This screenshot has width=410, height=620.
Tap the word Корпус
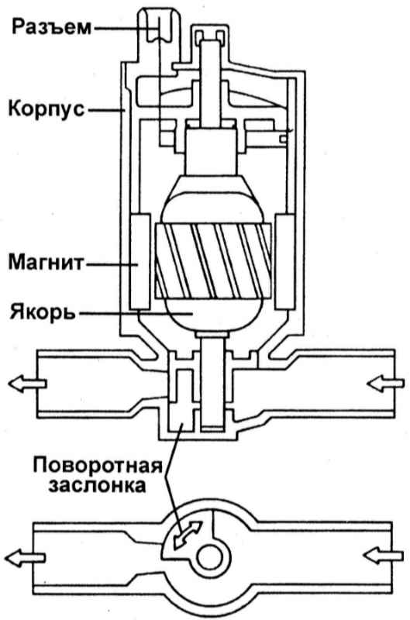pos(47,108)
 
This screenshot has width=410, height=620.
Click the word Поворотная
pos(98,465)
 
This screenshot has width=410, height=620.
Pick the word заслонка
pos(97,485)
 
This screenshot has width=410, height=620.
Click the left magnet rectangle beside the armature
pos(140,261)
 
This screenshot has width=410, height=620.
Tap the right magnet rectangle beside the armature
pos(285,261)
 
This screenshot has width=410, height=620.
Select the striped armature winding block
pos(213,260)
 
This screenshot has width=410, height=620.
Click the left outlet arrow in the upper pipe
pos(27,384)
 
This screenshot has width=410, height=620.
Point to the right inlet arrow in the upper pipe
pos(385,383)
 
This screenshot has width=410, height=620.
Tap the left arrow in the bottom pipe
pos(26,558)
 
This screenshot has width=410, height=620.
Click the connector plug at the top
pos(160,26)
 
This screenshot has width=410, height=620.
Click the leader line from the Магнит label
pos(109,263)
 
